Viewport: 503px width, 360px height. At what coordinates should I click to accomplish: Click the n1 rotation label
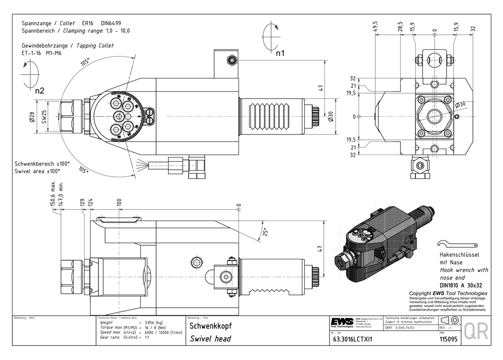[280, 52]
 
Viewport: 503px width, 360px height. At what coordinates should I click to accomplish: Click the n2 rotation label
[40, 91]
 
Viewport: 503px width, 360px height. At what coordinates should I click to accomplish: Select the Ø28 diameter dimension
[31, 117]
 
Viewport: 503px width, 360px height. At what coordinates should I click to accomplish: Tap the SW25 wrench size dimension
[44, 117]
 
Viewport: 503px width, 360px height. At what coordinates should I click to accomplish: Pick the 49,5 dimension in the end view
[375, 26]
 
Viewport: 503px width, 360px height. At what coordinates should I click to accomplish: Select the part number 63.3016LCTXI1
[352, 339]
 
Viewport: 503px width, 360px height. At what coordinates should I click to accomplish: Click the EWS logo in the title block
[342, 321]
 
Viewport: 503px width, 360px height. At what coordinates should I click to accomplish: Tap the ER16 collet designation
[89, 23]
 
